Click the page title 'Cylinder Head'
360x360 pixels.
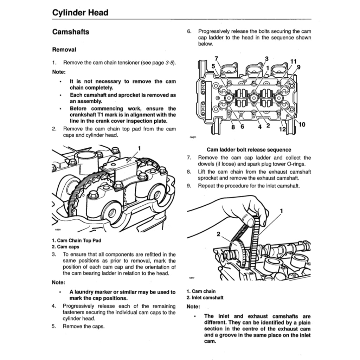80,13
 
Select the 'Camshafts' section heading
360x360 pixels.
70,32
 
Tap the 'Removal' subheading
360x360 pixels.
64,50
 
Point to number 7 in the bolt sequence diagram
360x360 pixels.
216,58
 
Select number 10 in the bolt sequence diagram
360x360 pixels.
302,124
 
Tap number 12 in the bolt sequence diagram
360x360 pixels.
282,129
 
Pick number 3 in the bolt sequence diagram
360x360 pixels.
266,59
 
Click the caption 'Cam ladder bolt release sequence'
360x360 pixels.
249,150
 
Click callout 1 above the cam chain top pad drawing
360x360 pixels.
139,148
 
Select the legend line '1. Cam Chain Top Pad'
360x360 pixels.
76,240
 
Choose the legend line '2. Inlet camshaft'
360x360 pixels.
205,298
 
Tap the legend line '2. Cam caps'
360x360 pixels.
65,247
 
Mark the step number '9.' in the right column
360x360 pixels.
189,186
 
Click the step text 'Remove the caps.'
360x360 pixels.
84,326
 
